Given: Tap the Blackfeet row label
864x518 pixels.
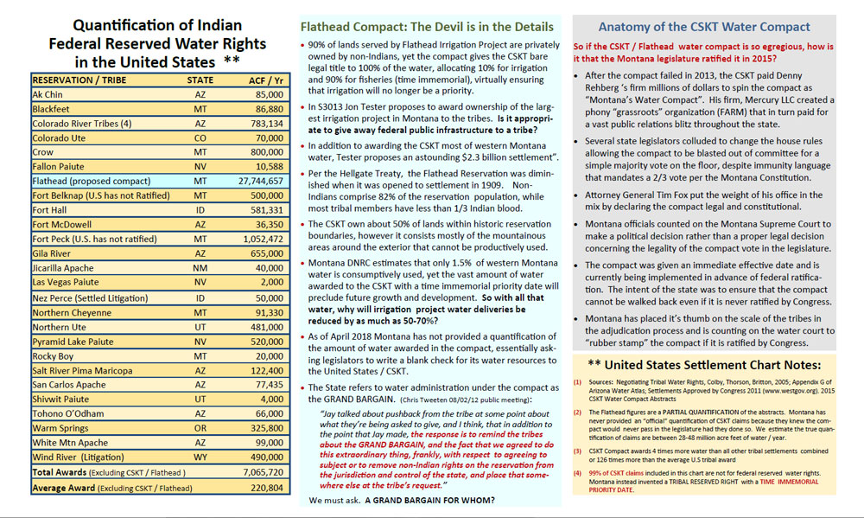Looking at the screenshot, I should [x=51, y=110].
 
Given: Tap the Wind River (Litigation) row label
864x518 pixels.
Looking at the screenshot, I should [x=73, y=457].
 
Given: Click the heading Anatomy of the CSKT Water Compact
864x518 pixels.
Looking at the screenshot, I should [x=704, y=27].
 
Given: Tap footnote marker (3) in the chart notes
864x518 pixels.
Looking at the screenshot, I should [x=578, y=451].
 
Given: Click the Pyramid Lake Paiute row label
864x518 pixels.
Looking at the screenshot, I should [x=70, y=342].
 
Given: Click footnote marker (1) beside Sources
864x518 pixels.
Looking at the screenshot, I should [x=578, y=381].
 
